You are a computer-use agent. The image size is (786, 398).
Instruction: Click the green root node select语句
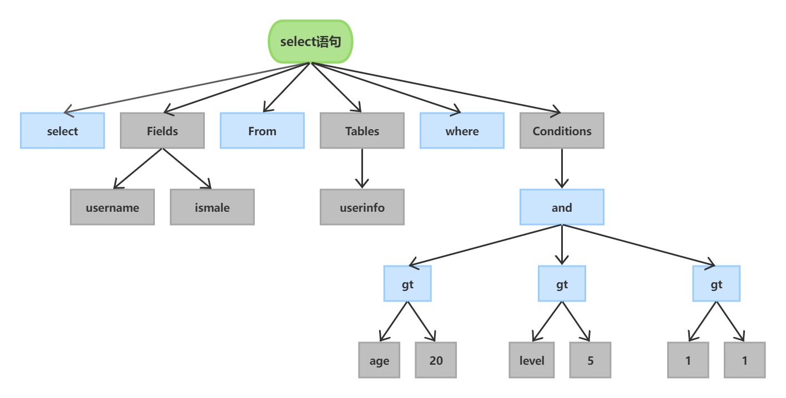pyautogui.click(x=310, y=42)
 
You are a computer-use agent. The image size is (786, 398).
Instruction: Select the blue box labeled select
pyautogui.click(x=62, y=131)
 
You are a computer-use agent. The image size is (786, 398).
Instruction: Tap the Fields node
pyautogui.click(x=162, y=131)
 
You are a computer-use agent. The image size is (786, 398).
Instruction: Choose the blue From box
pyautogui.click(x=262, y=131)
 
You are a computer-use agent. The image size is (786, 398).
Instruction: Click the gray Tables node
pyautogui.click(x=362, y=131)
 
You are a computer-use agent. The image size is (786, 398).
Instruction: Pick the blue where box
pyautogui.click(x=462, y=131)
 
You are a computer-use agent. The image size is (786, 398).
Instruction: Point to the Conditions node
pyautogui.click(x=562, y=131)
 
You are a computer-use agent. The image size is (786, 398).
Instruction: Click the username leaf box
pyautogui.click(x=112, y=207)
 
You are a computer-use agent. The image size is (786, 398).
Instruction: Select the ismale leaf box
pyautogui.click(x=212, y=207)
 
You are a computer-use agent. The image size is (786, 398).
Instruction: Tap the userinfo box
pyautogui.click(x=362, y=207)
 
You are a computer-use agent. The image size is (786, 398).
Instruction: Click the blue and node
pyautogui.click(x=562, y=207)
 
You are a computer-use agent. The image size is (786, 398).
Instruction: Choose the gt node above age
pyautogui.click(x=407, y=284)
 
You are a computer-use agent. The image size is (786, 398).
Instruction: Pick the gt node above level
pyautogui.click(x=562, y=284)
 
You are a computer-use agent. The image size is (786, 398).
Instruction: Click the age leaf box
pyautogui.click(x=379, y=360)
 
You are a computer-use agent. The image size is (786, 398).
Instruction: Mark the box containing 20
pyautogui.click(x=436, y=360)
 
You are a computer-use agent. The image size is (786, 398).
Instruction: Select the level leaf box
pyautogui.click(x=532, y=360)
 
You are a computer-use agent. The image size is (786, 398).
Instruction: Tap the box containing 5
pyautogui.click(x=590, y=360)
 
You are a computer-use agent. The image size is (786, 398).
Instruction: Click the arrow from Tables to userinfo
pyautogui.click(x=362, y=169)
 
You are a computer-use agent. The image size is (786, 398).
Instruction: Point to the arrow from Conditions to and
pyautogui.click(x=562, y=169)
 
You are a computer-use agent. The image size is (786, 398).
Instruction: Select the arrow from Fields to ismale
pyautogui.click(x=187, y=169)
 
